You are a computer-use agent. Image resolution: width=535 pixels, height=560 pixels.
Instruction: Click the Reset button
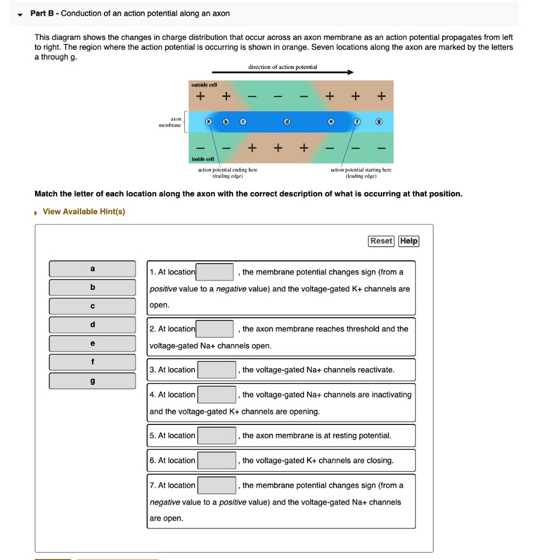pyautogui.click(x=381, y=241)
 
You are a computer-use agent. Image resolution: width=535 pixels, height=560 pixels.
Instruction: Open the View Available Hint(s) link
pyautogui.click(x=84, y=212)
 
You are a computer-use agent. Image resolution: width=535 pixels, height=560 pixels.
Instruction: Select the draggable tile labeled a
pyautogui.click(x=92, y=269)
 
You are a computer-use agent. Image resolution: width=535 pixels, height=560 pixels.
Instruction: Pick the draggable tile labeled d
pyautogui.click(x=92, y=325)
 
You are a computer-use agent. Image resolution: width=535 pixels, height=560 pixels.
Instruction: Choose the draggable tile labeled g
pyautogui.click(x=92, y=381)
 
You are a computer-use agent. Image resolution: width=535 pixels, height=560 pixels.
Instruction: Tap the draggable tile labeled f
pyautogui.click(x=92, y=362)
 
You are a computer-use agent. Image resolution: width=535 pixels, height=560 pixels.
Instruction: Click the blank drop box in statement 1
pyautogui.click(x=215, y=272)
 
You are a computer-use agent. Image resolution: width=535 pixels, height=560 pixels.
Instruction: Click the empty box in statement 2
pyautogui.click(x=215, y=329)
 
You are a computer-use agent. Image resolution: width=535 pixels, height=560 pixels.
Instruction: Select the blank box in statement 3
pyautogui.click(x=217, y=370)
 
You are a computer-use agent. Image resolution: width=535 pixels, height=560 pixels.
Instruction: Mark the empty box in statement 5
pyautogui.click(x=217, y=436)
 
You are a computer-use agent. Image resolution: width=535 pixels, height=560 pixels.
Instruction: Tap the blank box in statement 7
pyautogui.click(x=217, y=486)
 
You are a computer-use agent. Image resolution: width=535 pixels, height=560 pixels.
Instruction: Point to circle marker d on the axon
pyautogui.click(x=287, y=121)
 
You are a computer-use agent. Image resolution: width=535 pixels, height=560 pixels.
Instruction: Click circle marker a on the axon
pyautogui.click(x=208, y=121)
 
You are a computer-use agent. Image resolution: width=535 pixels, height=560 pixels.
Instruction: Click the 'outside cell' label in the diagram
pyautogui.click(x=203, y=85)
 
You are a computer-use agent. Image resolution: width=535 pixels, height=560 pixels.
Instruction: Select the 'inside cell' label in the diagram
pyautogui.click(x=203, y=159)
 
